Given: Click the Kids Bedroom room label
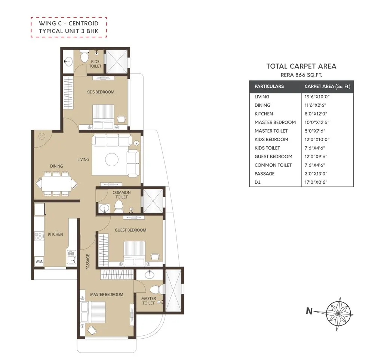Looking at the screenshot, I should point(100,92).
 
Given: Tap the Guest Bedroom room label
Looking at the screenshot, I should point(130,230).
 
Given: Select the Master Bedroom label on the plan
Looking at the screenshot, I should point(107,294).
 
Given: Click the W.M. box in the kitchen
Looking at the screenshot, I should point(39,261).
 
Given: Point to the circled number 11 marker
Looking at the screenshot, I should point(42,136).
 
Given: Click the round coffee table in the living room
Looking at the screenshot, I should point(112,160).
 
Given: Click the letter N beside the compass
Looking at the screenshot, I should point(309,311).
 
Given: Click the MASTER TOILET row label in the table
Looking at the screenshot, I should point(271,131).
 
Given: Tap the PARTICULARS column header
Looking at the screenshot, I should point(269,86).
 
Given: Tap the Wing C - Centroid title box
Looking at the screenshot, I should point(69,27).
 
